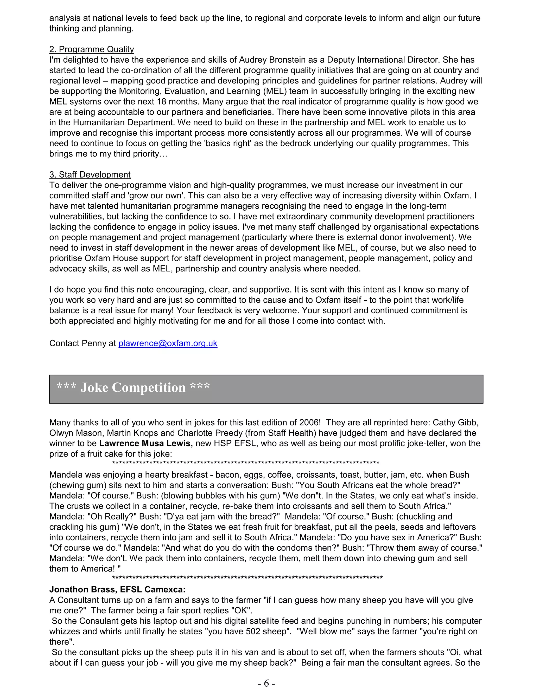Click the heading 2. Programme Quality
(92, 49)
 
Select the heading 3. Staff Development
(90, 174)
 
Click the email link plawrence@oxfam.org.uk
(168, 343)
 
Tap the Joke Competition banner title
(133, 387)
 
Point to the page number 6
(266, 683)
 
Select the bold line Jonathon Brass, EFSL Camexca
(117, 589)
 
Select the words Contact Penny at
(83, 343)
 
